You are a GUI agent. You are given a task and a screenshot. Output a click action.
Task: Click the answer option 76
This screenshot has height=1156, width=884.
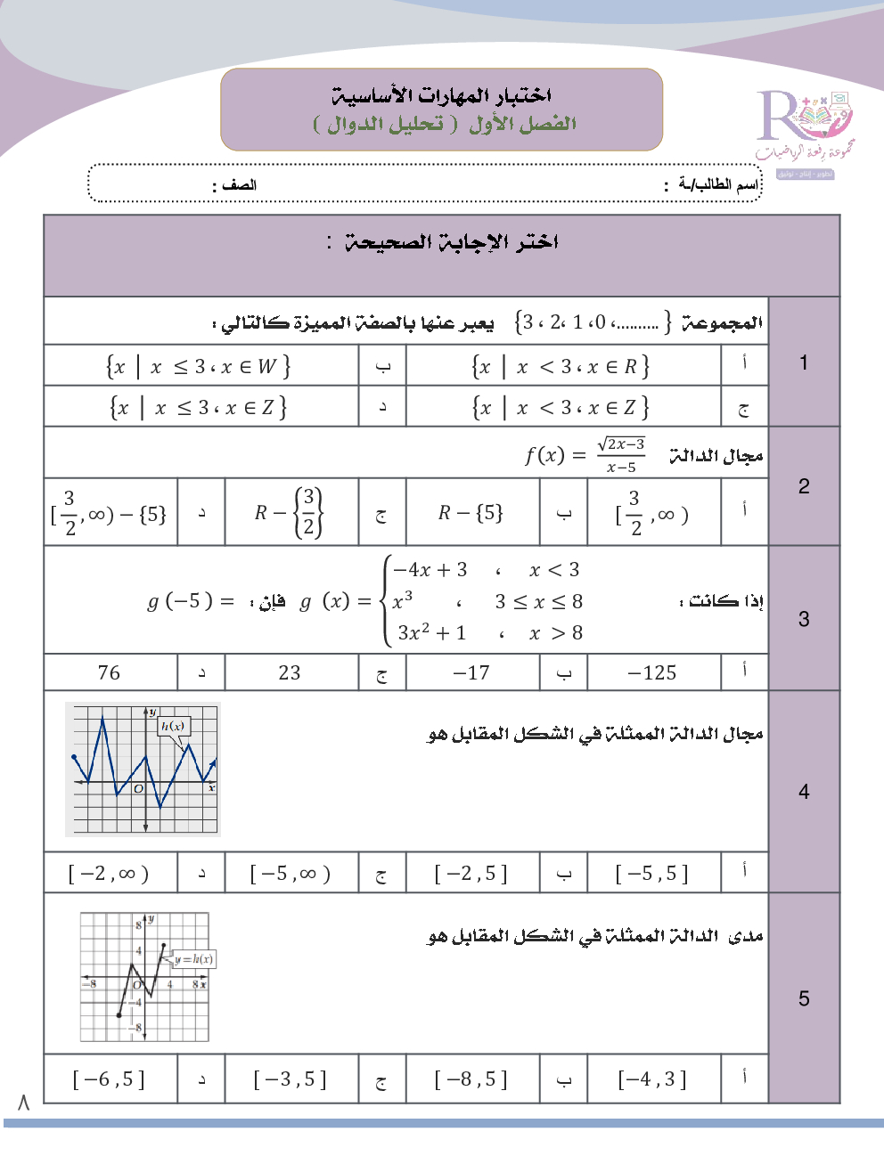click(109, 672)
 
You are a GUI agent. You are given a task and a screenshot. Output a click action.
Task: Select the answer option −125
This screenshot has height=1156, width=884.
click(652, 672)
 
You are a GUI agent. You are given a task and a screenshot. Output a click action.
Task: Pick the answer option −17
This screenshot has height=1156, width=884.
click(471, 672)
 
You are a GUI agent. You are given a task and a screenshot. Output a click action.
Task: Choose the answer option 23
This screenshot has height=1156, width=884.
click(290, 672)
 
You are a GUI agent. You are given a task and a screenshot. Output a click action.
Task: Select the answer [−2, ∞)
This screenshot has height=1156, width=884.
click(109, 874)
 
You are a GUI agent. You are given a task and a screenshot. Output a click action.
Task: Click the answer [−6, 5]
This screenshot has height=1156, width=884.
click(109, 1080)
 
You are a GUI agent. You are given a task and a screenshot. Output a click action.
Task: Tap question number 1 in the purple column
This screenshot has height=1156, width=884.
click(804, 362)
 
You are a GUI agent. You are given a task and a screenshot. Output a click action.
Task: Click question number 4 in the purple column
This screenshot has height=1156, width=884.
click(804, 792)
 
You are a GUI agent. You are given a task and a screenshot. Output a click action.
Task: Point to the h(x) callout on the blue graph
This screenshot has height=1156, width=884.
click(173, 726)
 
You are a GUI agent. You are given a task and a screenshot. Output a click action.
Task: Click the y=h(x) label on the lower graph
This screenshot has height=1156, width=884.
click(193, 959)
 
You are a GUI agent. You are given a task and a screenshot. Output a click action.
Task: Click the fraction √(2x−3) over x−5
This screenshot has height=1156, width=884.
click(621, 455)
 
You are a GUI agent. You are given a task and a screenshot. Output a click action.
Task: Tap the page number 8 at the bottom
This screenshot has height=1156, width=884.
click(23, 1103)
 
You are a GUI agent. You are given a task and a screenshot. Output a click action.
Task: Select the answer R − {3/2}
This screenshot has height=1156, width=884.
click(290, 513)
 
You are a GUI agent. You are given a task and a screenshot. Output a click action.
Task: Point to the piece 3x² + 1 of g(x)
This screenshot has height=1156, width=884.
click(432, 633)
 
